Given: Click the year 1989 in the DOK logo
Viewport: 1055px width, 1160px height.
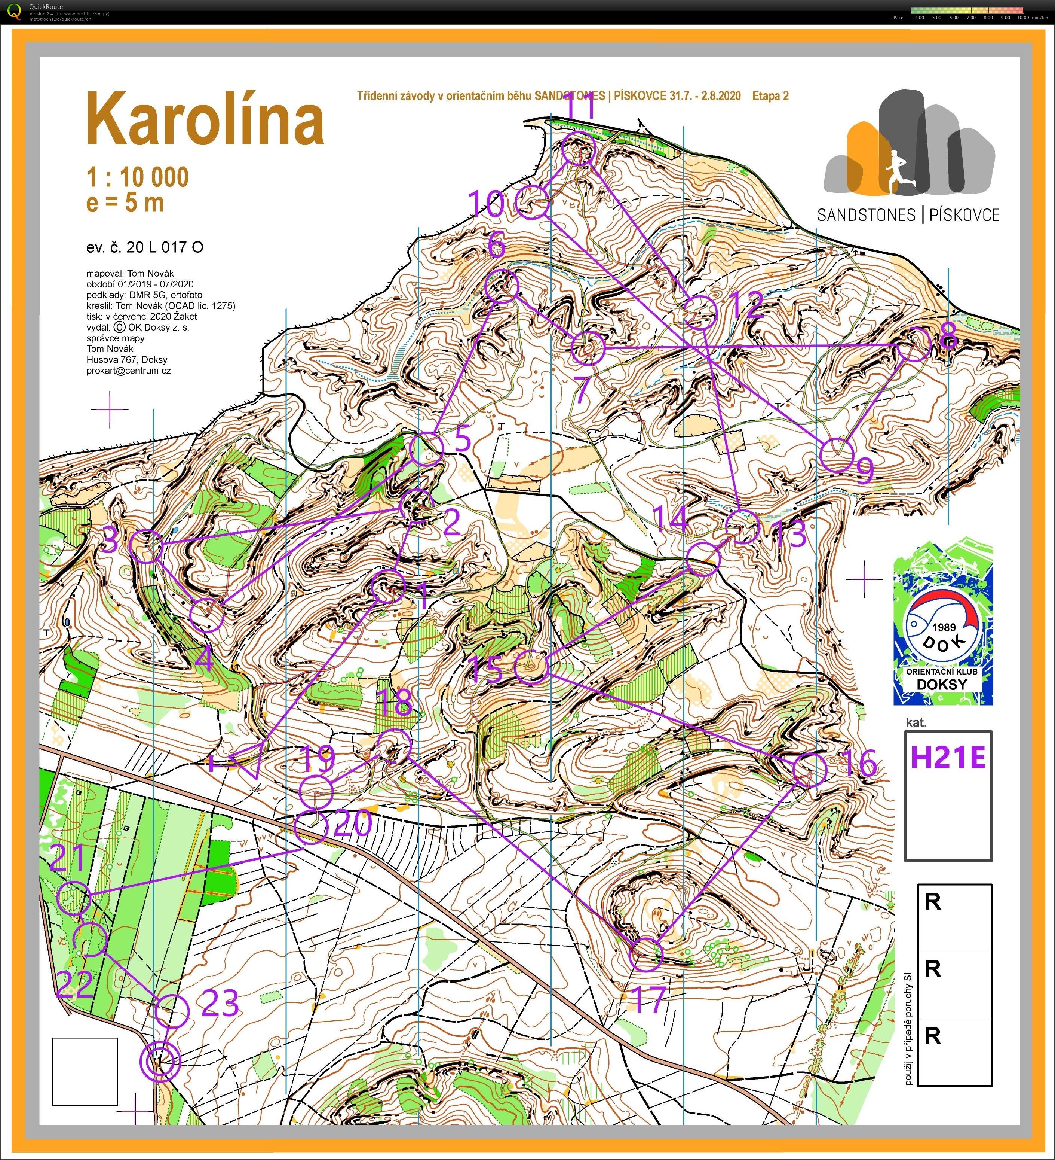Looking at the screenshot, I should [944, 628].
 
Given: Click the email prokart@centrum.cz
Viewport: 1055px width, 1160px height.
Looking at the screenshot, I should [128, 371].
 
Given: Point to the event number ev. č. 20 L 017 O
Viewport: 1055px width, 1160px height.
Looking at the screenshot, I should [144, 247].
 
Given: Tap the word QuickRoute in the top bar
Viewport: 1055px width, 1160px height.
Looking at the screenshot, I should [46, 6].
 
